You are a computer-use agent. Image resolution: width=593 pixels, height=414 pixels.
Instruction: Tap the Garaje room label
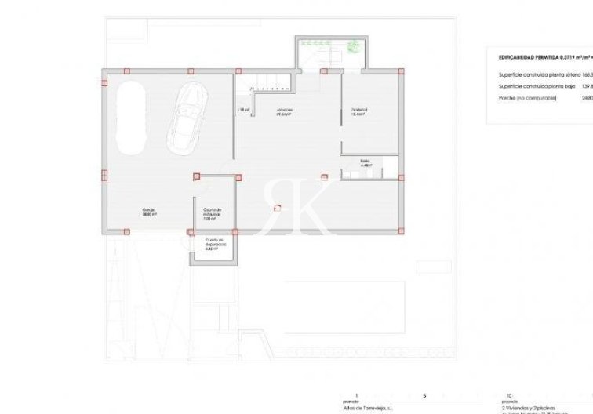point(149,212)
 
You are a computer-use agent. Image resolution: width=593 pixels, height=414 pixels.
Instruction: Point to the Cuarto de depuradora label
point(215,244)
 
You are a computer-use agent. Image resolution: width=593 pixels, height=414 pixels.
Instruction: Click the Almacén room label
point(284,111)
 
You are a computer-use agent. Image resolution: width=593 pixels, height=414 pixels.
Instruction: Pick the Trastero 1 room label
point(359,111)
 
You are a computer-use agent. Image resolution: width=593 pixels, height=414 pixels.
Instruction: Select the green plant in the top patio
point(355,45)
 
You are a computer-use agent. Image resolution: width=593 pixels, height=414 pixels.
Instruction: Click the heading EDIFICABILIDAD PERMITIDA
point(545,57)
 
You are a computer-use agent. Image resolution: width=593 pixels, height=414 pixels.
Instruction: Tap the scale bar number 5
point(424,395)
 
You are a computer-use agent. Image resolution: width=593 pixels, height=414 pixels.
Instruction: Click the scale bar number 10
point(510,395)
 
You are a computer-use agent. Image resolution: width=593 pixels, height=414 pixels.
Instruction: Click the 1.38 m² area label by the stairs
point(243,111)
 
